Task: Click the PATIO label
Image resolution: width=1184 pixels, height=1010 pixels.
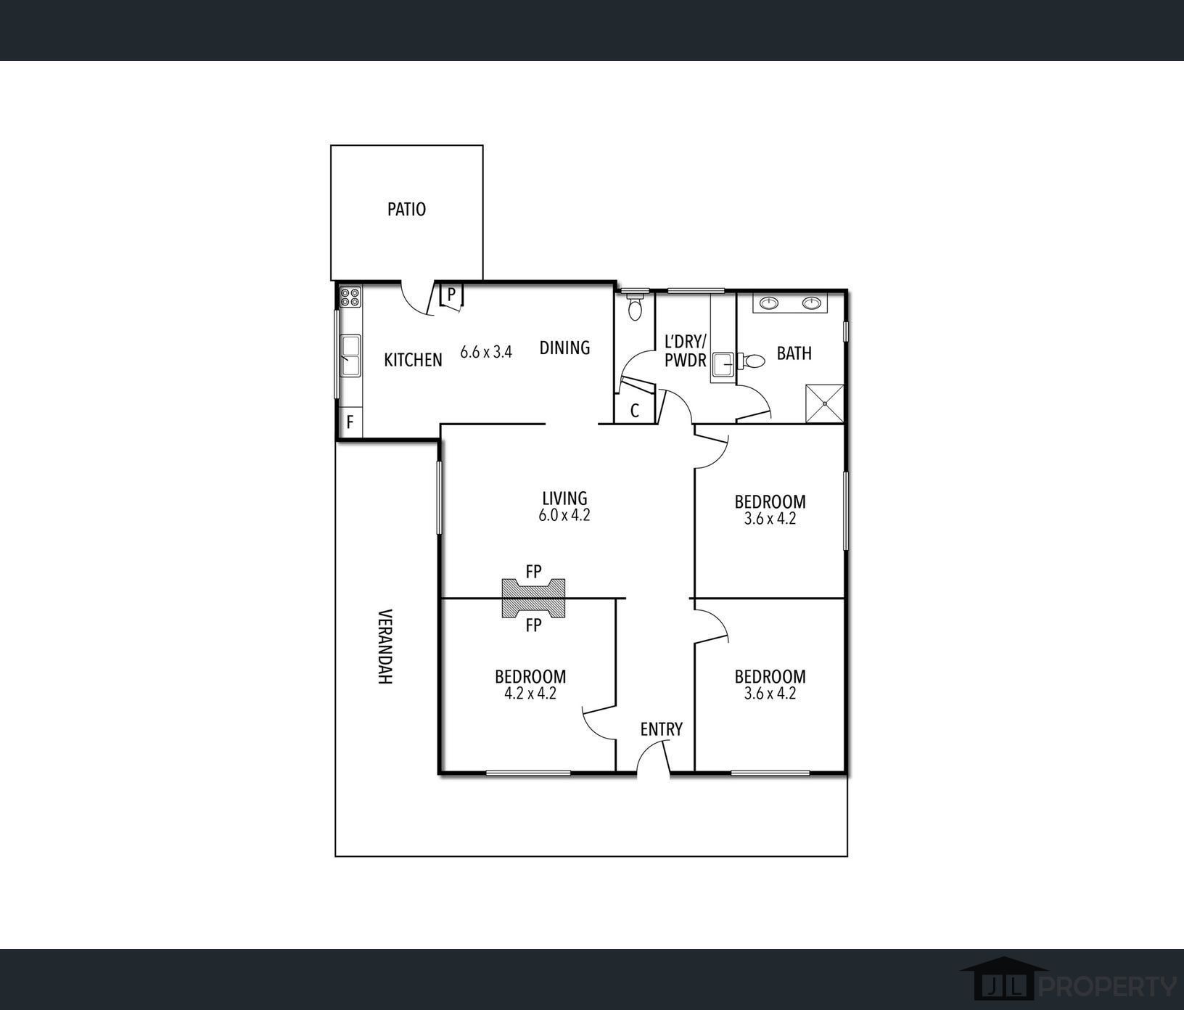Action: coord(406,209)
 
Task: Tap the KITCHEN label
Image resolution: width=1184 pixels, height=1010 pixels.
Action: coord(413,360)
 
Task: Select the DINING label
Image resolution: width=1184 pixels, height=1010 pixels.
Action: coord(564,348)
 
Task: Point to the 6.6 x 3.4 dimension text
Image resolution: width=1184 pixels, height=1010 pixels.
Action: coord(486,352)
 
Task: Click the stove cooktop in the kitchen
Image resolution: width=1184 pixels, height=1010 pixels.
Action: coord(350,297)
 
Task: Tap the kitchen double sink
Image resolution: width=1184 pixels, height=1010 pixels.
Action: coord(350,356)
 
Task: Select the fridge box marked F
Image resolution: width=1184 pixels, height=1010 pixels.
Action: coord(350,422)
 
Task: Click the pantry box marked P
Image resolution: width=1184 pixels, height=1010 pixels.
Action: coord(451,295)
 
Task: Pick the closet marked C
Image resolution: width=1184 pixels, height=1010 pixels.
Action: coord(634,409)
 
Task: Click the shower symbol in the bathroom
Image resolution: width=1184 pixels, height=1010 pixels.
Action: coord(826,403)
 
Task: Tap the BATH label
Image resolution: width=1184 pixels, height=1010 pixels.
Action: coord(794,353)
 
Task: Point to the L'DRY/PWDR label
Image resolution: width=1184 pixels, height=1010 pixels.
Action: coord(686,350)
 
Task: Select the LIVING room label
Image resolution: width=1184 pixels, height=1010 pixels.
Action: coord(564,498)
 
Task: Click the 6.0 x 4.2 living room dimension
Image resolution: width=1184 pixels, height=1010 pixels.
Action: coord(564,515)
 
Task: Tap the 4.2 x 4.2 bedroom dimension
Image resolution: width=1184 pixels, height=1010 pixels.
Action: coord(530,693)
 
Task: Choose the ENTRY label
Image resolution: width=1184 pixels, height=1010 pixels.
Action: coord(662,729)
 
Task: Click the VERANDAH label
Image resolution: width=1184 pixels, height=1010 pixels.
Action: coord(385,646)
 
